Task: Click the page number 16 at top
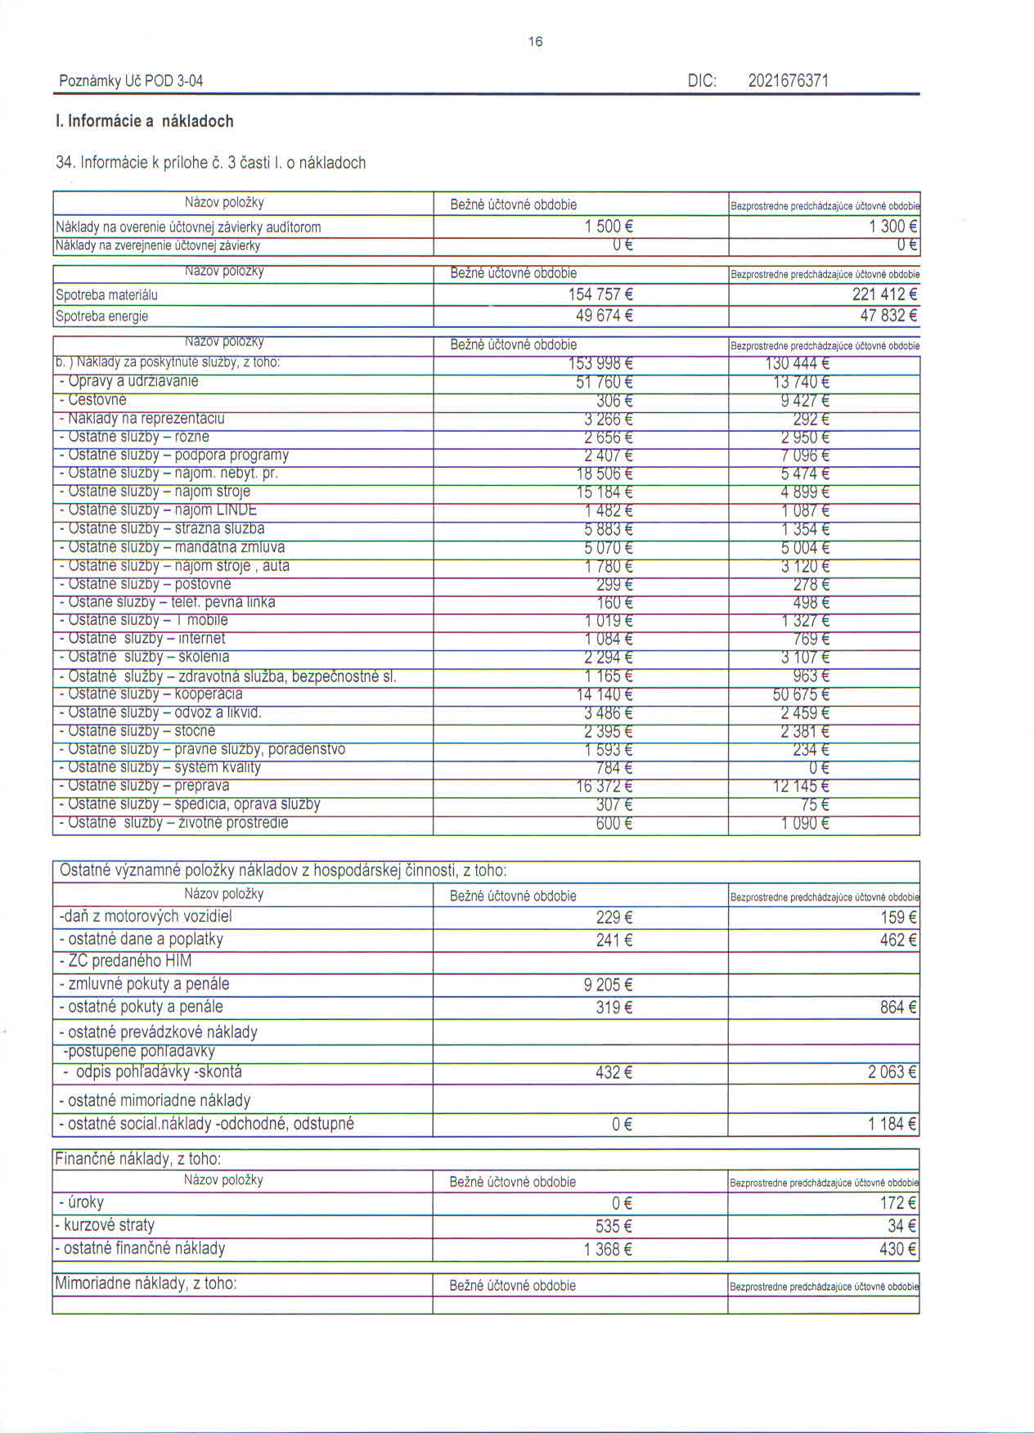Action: tap(536, 42)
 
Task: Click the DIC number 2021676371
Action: tap(788, 80)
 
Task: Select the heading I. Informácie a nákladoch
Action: tap(145, 121)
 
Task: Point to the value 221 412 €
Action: tap(884, 294)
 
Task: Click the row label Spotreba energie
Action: tap(101, 317)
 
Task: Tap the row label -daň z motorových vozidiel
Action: tap(146, 916)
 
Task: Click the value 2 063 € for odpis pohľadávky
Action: tap(892, 1072)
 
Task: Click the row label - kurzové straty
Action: tap(105, 1225)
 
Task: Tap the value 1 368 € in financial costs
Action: tap(608, 1249)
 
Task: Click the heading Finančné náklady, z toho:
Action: tap(137, 1159)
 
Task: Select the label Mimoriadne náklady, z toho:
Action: tap(146, 1283)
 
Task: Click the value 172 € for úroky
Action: tap(897, 1203)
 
